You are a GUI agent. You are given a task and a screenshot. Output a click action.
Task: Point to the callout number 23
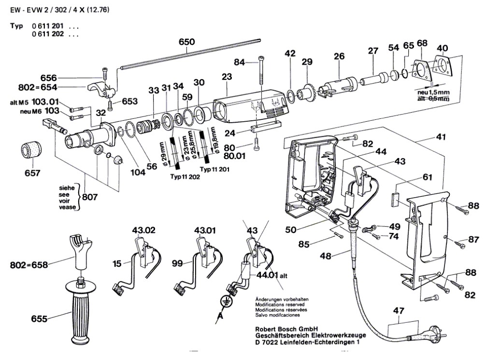pyautogui.click(x=227, y=76)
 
